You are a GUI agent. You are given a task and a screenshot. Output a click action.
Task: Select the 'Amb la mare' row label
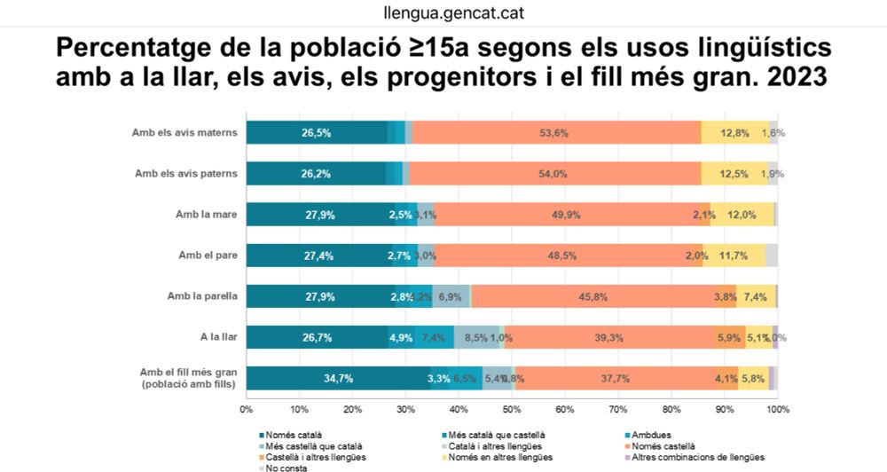point(207,215)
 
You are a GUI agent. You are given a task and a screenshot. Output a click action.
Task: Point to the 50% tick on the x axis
point(512,410)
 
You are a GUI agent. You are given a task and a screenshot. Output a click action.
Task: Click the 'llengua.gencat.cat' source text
point(443,14)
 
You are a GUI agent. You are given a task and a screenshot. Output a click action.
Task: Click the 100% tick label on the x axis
point(777,410)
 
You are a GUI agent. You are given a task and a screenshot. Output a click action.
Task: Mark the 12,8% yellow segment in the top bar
point(735,133)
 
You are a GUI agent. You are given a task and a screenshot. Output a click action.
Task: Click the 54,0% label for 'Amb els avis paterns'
point(553,174)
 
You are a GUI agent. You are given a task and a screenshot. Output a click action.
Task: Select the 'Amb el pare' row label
point(208,256)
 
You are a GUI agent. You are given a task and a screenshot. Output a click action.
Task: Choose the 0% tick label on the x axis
point(247,410)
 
